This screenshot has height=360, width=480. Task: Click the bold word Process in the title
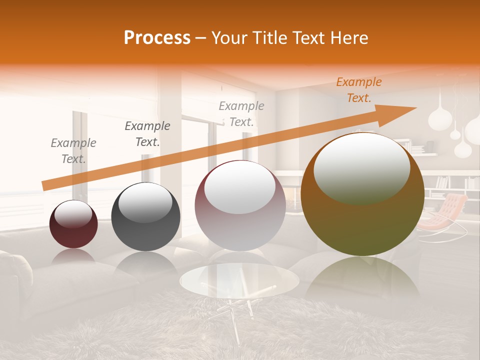(x=157, y=38)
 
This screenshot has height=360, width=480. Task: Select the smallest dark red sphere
(x=73, y=224)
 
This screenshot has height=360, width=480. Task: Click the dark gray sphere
(x=145, y=216)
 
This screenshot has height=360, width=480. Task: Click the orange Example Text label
(x=358, y=90)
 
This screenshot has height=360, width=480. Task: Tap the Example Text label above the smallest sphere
(x=73, y=151)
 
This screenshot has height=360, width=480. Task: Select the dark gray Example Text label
(x=147, y=134)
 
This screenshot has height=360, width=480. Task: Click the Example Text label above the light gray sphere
(x=241, y=113)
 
